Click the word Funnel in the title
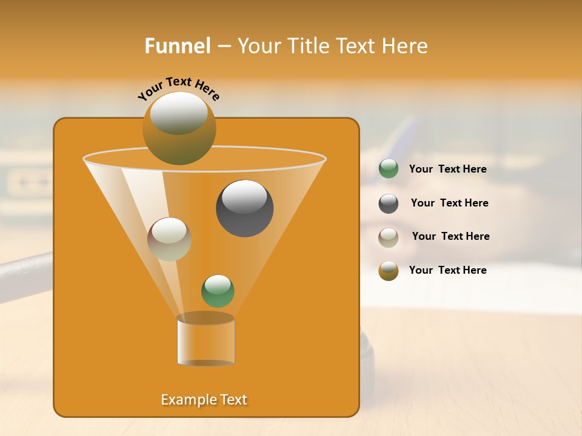(177, 46)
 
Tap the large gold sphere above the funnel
(179, 128)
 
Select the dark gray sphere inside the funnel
(244, 208)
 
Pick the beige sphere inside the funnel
(169, 239)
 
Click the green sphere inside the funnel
(218, 291)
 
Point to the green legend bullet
(389, 169)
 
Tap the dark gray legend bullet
(389, 203)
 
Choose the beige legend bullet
(389, 237)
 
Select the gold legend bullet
(389, 271)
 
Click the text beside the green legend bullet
(447, 169)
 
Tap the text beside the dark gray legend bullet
(449, 203)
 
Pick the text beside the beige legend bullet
(450, 236)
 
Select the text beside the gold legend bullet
(447, 270)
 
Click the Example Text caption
(204, 400)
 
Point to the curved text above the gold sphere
(178, 87)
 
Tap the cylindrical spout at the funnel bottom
(206, 340)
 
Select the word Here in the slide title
(404, 46)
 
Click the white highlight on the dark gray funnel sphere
(244, 196)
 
